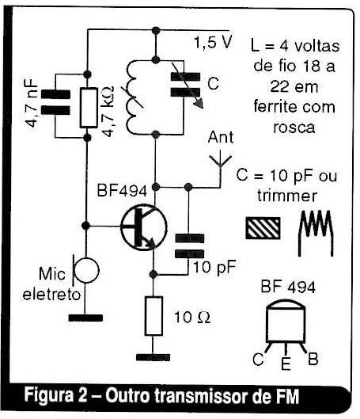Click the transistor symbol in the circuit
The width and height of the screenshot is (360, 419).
(143, 227)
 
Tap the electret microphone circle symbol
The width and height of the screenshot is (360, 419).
(86, 270)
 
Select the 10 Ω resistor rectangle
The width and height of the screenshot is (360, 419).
(153, 315)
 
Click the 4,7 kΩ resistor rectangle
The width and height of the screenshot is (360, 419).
(89, 108)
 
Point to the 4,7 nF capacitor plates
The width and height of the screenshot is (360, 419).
(55, 102)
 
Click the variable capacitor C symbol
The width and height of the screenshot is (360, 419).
(186, 85)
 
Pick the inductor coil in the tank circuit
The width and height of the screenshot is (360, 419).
(135, 97)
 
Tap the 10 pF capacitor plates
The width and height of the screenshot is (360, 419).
(189, 246)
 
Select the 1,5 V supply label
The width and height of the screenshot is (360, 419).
(213, 42)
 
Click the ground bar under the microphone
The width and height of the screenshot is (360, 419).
(85, 318)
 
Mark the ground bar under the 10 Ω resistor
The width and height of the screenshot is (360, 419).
(153, 357)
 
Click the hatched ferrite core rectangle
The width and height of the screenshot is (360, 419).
(263, 227)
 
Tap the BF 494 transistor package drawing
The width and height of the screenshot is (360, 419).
(286, 325)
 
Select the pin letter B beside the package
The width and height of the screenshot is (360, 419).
(313, 359)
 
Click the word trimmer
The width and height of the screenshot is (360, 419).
(287, 196)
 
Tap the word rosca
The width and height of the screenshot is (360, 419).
(294, 128)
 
